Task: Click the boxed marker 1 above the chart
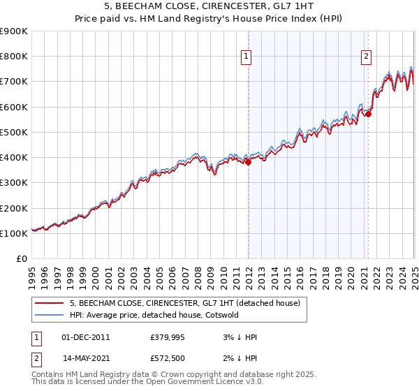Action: click(x=247, y=58)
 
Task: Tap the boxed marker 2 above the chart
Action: click(x=367, y=58)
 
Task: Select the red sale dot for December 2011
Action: click(x=248, y=162)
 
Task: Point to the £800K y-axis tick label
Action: click(x=14, y=57)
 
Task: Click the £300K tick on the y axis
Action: click(x=14, y=183)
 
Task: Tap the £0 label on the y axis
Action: click(x=21, y=259)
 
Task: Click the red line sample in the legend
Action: click(x=48, y=303)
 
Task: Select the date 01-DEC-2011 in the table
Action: click(x=86, y=337)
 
